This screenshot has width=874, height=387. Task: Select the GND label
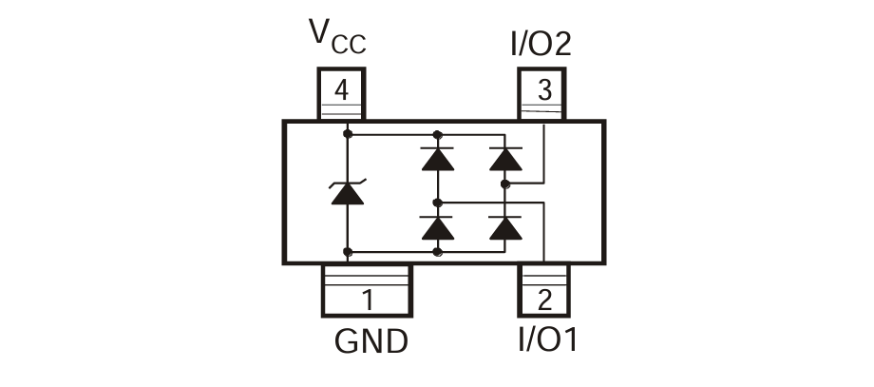371,341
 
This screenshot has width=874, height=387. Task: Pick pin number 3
544,91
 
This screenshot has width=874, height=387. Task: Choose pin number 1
367,301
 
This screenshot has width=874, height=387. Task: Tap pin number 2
544,301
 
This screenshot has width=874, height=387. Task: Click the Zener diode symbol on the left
347,192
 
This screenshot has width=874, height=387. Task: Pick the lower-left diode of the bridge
437,228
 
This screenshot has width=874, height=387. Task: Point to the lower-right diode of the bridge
505,228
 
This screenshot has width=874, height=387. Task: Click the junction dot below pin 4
347,134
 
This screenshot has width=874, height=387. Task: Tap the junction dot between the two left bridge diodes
437,203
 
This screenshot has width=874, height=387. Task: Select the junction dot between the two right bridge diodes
505,184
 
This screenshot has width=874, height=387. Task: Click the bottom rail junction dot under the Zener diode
347,252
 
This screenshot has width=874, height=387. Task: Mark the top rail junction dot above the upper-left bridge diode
437,134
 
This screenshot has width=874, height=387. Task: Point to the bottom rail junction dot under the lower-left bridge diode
437,252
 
